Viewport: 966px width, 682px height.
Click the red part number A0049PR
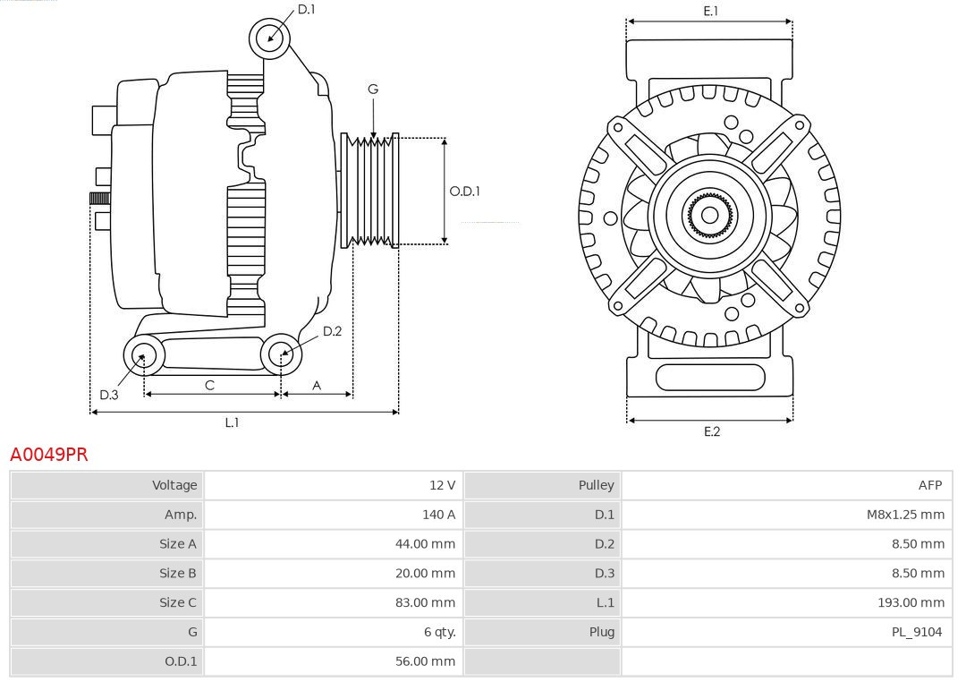[x=49, y=455]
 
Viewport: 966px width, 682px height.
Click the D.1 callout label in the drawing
[x=306, y=9]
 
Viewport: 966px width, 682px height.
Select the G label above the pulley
[x=373, y=89]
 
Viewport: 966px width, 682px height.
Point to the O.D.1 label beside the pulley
[x=464, y=191]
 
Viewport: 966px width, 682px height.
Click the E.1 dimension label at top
[x=710, y=11]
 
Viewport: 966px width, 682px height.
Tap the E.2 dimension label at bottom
[x=711, y=431]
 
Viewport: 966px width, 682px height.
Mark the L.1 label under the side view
[x=232, y=422]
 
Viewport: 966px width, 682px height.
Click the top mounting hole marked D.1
[x=269, y=38]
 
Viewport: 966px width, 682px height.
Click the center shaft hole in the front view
[x=709, y=215]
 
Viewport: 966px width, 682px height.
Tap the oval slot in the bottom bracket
[x=710, y=377]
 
